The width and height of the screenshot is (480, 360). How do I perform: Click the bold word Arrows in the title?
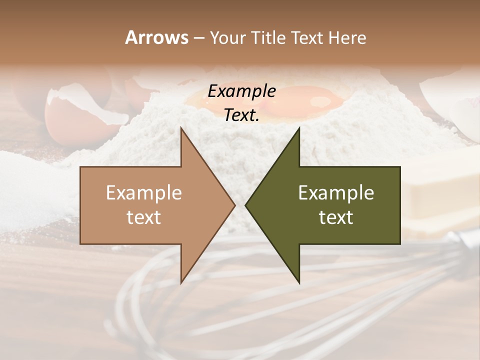[156, 37]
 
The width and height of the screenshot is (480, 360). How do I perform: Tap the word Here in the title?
[347, 37]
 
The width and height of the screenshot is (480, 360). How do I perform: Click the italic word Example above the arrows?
[241, 91]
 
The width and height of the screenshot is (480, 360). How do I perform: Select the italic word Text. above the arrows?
[241, 115]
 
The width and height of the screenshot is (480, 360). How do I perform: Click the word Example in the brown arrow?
[144, 192]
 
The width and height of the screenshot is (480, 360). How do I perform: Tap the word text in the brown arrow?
[144, 217]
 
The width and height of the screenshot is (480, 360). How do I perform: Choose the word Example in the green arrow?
[336, 192]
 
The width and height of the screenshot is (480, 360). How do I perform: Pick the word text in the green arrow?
[336, 217]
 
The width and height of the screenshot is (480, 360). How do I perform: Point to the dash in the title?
[198, 38]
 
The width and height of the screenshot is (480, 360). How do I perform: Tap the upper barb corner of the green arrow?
[299, 128]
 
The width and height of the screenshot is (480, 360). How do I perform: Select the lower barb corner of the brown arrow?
[181, 283]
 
